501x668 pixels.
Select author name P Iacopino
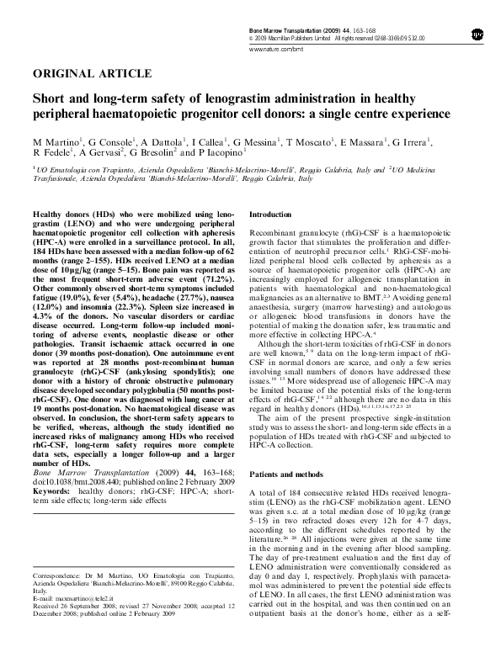pos(222,153)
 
